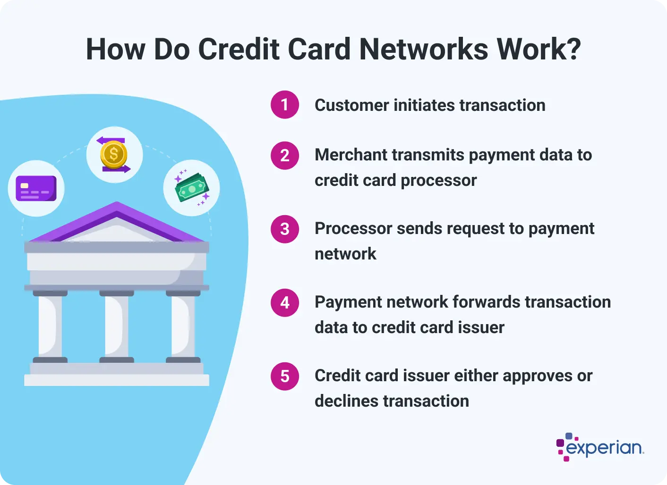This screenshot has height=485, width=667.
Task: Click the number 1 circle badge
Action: pyautogui.click(x=285, y=104)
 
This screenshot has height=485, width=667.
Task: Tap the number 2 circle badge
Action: pyautogui.click(x=285, y=155)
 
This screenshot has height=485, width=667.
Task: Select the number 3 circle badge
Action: pyautogui.click(x=285, y=229)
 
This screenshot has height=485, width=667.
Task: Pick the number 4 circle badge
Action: pyautogui.click(x=285, y=302)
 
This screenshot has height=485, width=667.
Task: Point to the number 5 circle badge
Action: pyautogui.click(x=285, y=376)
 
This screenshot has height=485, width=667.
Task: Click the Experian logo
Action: pyautogui.click(x=600, y=447)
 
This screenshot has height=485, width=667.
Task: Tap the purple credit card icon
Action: pyautogui.click(x=36, y=189)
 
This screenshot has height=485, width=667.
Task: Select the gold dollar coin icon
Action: pyautogui.click(x=114, y=155)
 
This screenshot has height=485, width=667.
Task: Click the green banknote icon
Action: pyautogui.click(x=191, y=188)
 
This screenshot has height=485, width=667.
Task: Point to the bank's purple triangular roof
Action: pyautogui.click(x=117, y=222)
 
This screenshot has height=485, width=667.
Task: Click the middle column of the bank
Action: pyautogui.click(x=117, y=326)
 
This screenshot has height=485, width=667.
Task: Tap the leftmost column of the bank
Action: pyautogui.click(x=50, y=326)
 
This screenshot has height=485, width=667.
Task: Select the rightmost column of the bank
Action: pyautogui.click(x=183, y=326)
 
